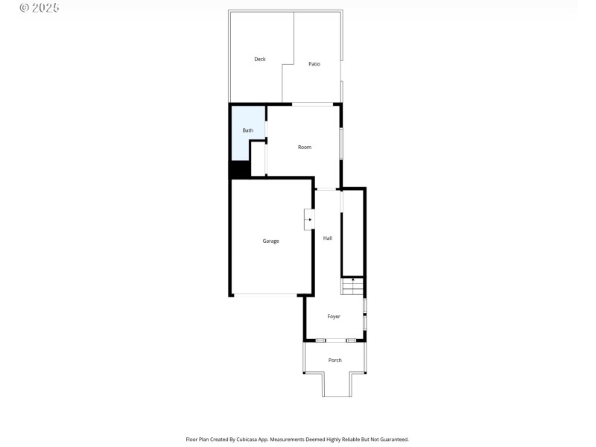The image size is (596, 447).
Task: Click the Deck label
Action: click(x=260, y=60)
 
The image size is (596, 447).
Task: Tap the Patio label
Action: click(x=314, y=64)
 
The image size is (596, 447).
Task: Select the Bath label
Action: click(x=247, y=130)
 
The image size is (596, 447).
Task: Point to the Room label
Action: click(x=305, y=148)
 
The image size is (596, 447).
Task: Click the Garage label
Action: click(x=270, y=241)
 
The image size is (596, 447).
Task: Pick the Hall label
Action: click(x=328, y=238)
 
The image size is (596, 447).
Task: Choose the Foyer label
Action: click(x=334, y=317)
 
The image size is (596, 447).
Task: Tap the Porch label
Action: click(x=335, y=361)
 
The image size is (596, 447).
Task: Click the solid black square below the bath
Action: click(x=239, y=170)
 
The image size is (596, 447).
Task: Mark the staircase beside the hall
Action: click(x=353, y=287)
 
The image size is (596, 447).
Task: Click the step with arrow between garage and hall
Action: click(x=309, y=220)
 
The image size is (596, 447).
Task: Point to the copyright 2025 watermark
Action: click(x=39, y=7)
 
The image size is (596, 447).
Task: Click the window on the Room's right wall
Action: click(x=341, y=144)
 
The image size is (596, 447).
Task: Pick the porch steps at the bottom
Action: click(x=337, y=385)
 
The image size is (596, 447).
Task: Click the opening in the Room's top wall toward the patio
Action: click(x=312, y=104)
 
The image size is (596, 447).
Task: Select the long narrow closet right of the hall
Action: click(x=352, y=232)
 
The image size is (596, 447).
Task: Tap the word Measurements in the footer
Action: click(x=285, y=440)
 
